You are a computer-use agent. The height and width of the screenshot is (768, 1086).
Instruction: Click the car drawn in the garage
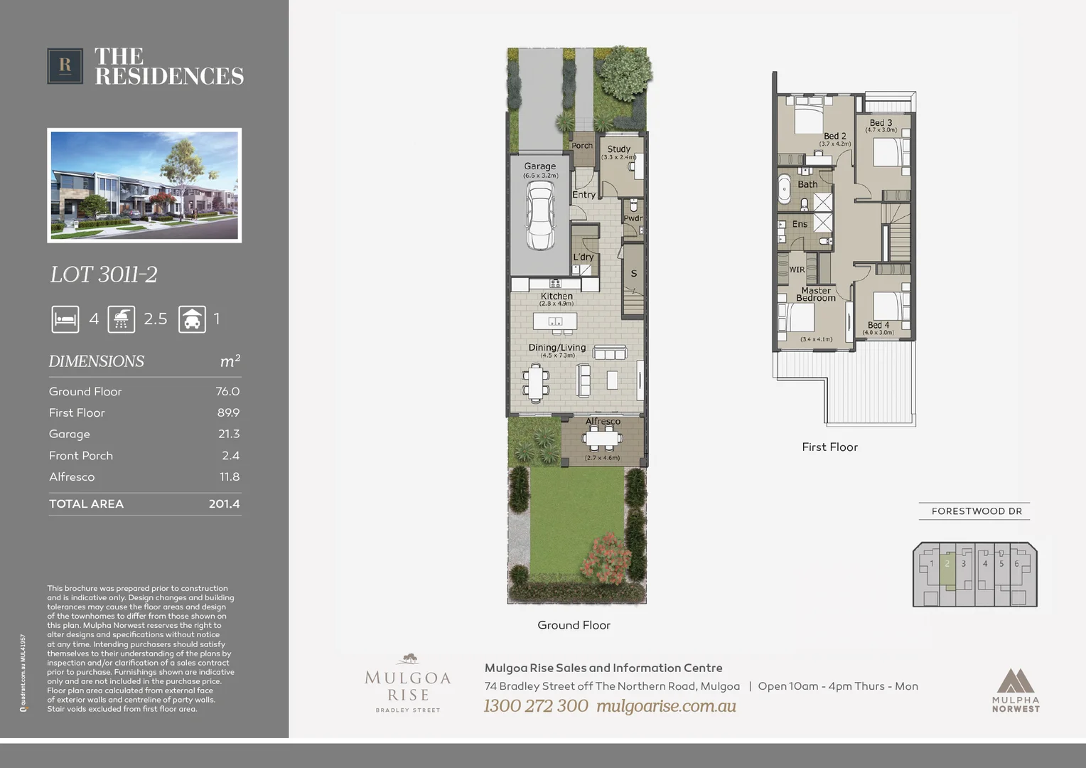pos(540,215)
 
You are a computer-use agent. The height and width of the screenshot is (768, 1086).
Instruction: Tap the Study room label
pos(618,149)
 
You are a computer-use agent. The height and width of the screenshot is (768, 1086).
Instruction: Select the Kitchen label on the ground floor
pos(557,297)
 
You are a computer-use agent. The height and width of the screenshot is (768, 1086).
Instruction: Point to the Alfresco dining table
pos(603,439)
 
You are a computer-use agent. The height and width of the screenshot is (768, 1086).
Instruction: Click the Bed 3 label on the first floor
pos(881,123)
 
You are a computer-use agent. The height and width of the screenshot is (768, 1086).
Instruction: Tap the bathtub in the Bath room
pos(785,188)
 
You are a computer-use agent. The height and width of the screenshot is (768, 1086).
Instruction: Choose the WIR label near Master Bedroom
pos(797,270)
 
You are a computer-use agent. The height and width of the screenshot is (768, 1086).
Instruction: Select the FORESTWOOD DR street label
pos(976,511)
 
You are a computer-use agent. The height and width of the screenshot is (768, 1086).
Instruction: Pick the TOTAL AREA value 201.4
pos(224,504)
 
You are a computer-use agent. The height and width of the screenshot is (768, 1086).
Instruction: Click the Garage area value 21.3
pos(229,434)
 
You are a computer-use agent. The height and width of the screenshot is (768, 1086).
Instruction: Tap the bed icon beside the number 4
pos(65,319)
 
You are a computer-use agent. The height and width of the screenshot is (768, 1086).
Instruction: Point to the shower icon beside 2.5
pos(122,319)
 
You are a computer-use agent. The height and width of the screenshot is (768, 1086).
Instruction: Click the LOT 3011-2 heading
pos(104,274)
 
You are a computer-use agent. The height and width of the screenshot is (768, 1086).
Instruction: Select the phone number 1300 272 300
pos(536,706)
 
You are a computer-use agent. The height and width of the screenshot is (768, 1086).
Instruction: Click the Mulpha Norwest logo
pos(1016,689)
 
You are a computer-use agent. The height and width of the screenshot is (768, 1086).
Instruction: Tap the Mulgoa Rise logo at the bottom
pos(408,683)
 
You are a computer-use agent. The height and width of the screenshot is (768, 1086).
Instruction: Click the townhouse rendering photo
pos(144,186)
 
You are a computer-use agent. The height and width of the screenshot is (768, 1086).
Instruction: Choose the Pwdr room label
pos(633,218)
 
